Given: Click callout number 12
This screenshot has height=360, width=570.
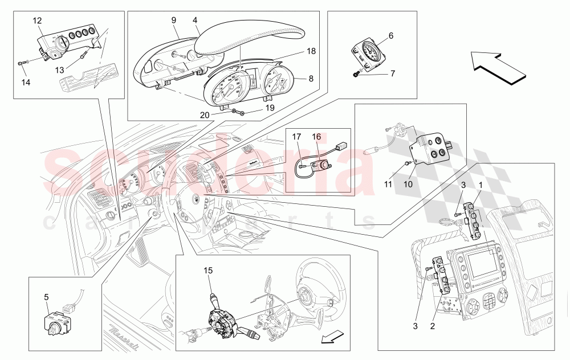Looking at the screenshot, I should pyautogui.click(x=38, y=21).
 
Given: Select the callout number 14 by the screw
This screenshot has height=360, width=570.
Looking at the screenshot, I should pyautogui.click(x=25, y=83).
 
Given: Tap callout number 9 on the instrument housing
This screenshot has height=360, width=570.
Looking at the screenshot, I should pyautogui.click(x=174, y=19).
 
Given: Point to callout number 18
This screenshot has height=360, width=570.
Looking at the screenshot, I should pyautogui.click(x=311, y=51).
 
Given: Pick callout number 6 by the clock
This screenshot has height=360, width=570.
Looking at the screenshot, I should pyautogui.click(x=390, y=35).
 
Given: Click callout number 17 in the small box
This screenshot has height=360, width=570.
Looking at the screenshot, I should pyautogui.click(x=296, y=137).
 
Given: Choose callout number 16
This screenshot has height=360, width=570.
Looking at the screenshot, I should pyautogui.click(x=316, y=137).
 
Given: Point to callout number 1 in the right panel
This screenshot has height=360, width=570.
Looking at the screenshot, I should pyautogui.click(x=480, y=185).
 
